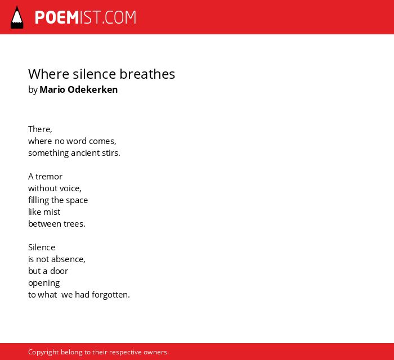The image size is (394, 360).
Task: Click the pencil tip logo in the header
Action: click(x=17, y=17)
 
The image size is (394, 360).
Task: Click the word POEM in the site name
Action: click(x=57, y=17)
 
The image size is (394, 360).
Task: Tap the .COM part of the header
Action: click(x=119, y=17)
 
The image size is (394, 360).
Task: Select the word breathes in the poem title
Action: click(x=147, y=74)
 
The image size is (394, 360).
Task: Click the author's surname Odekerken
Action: click(x=93, y=89)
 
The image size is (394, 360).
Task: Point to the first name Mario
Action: click(x=52, y=89)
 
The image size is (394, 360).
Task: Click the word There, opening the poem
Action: click(x=40, y=129)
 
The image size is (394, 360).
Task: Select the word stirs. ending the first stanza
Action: click(x=111, y=153)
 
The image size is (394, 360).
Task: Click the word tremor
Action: click(x=49, y=177)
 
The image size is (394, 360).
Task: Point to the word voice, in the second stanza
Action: click(x=70, y=188)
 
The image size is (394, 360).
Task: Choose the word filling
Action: click(x=39, y=200)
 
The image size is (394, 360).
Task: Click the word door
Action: click(x=59, y=271)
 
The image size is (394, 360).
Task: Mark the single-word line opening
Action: click(x=44, y=283)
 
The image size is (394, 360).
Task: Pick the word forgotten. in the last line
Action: click(x=111, y=295)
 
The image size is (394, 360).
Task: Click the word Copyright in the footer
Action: click(x=43, y=352)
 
